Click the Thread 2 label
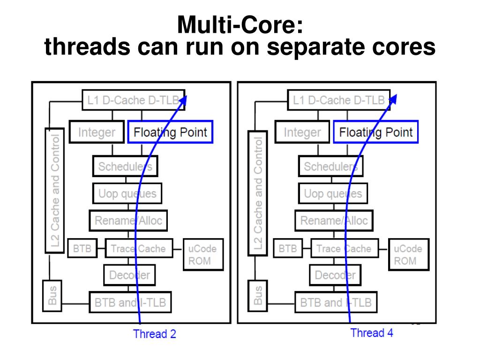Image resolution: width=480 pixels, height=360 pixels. pyautogui.click(x=154, y=334)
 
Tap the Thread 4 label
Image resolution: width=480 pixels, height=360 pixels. pyautogui.click(x=372, y=333)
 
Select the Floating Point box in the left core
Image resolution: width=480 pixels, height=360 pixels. pyautogui.click(x=170, y=132)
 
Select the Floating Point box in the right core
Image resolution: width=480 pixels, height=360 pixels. pyautogui.click(x=375, y=132)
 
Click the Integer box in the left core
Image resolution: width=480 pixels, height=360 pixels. pyautogui.click(x=97, y=132)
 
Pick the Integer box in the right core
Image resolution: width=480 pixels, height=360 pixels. pyautogui.click(x=302, y=132)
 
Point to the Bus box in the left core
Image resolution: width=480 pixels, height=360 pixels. pyautogui.click(x=52, y=296)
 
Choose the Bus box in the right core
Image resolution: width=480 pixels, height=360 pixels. pyautogui.click(x=257, y=296)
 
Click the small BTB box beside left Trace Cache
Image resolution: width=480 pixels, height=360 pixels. pyautogui.click(x=82, y=248)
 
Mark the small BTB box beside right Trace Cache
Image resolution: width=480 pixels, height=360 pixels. pyautogui.click(x=287, y=248)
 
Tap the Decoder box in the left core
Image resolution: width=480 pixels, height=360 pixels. pyautogui.click(x=129, y=275)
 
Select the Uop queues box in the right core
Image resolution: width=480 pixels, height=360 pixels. pyautogui.click(x=333, y=194)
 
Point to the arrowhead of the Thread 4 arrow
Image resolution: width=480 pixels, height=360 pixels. pyautogui.click(x=394, y=98)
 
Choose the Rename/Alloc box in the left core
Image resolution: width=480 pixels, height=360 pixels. pyautogui.click(x=128, y=221)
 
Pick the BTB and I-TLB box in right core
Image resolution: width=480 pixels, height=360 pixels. pyautogui.click(x=336, y=302)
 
